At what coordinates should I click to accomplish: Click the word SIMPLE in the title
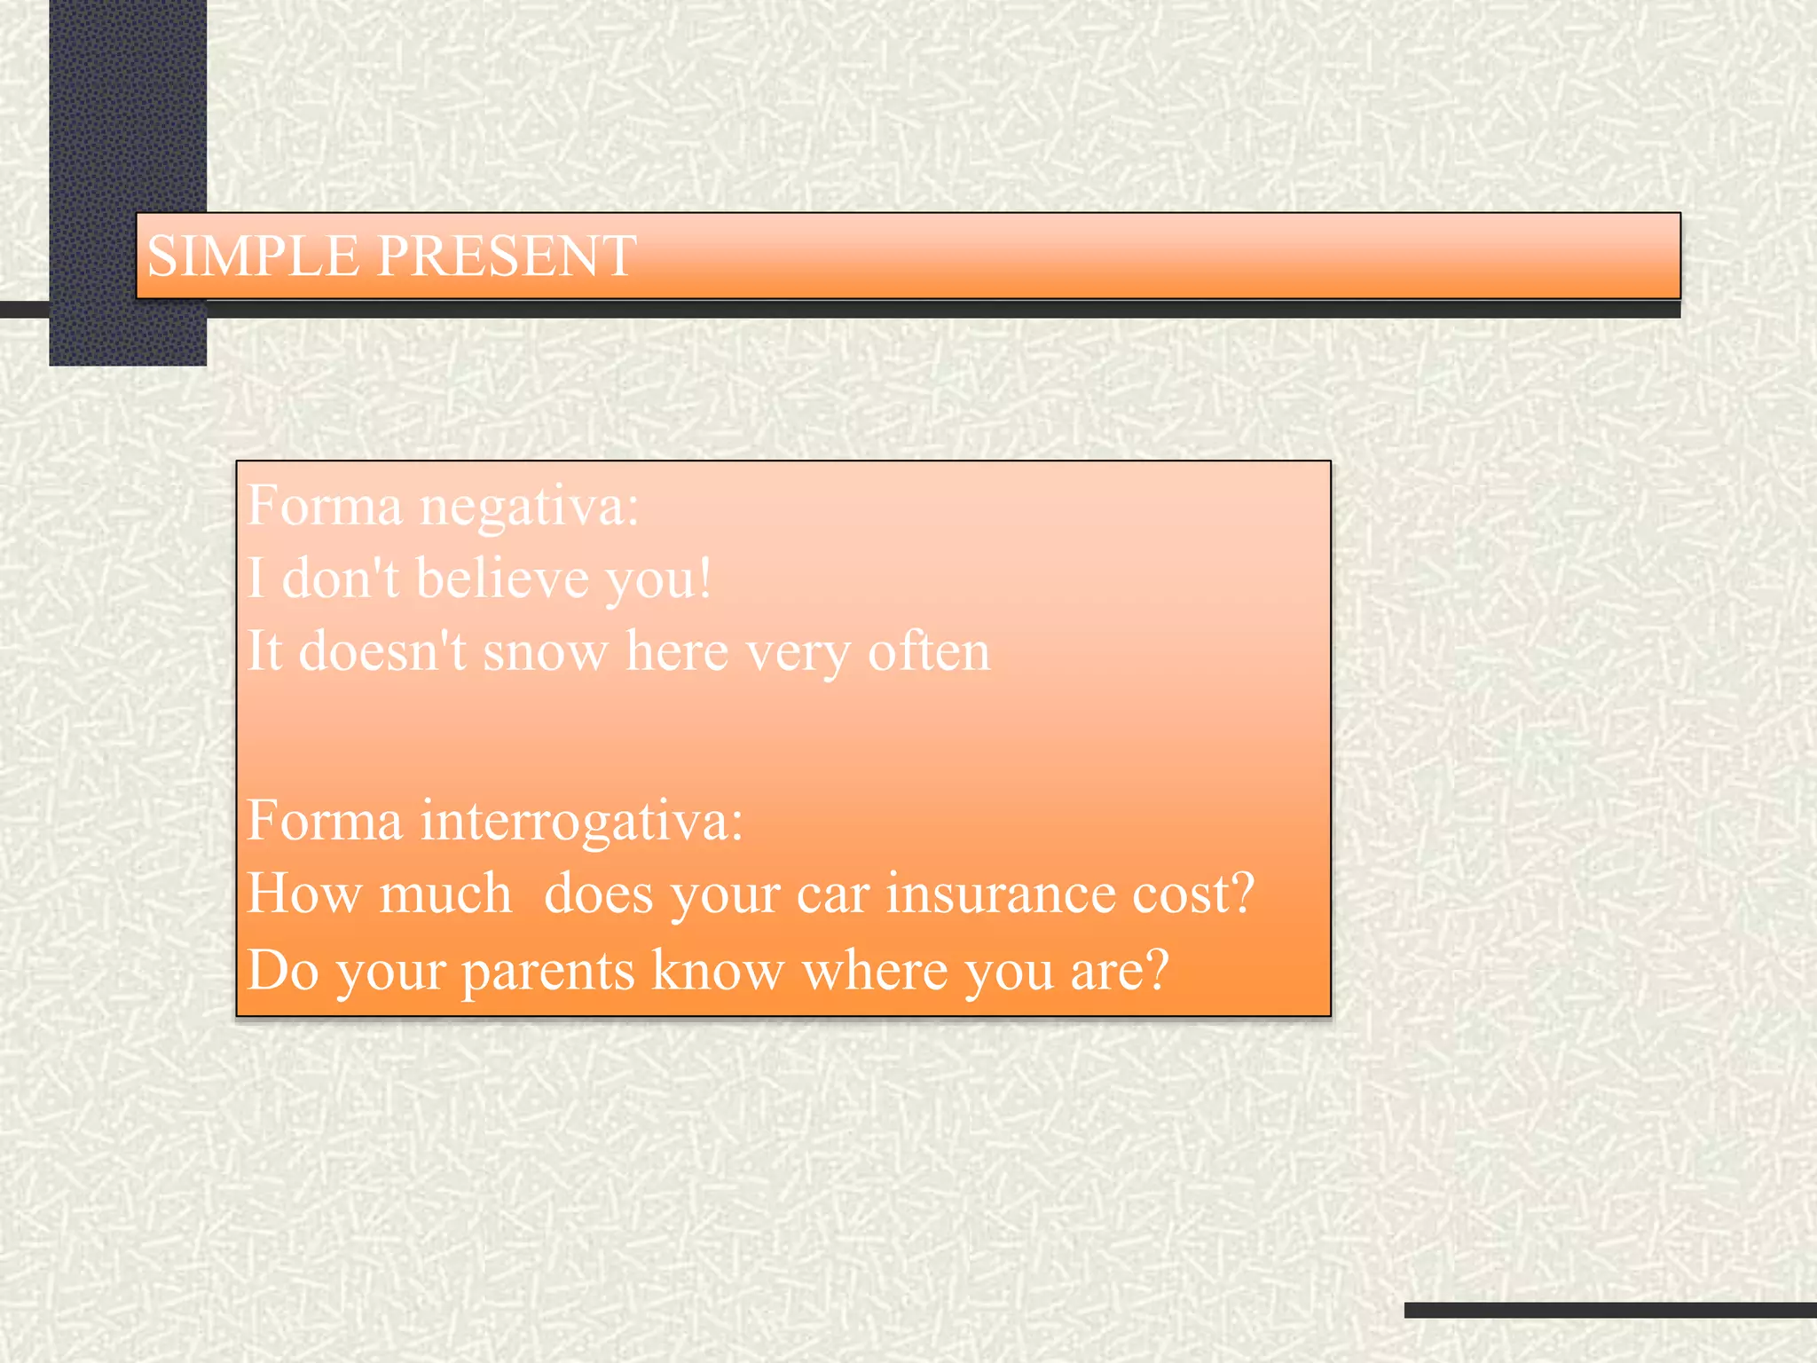pos(252,256)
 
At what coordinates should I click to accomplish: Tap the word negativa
pos(529,508)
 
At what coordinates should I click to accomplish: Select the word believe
pos(502,579)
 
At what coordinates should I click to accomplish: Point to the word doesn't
pos(382,651)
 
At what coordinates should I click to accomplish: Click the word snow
pos(545,653)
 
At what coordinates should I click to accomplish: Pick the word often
pos(928,651)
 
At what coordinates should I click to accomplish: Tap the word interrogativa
pos(581,821)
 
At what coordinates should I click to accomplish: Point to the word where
pos(874,970)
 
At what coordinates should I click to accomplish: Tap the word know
pos(717,970)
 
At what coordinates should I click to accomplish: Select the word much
pos(446,893)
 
